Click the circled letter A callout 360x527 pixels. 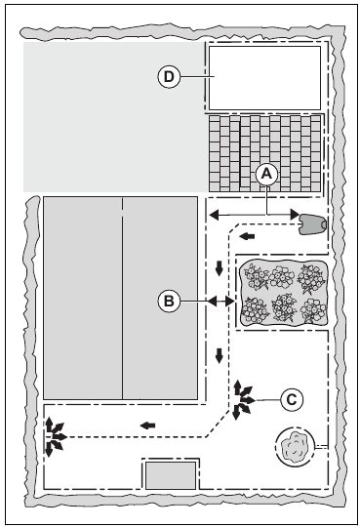pyautogui.click(x=266, y=174)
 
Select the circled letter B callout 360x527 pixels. pyautogui.click(x=169, y=302)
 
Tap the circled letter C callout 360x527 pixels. pyautogui.click(x=292, y=400)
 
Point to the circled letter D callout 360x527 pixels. pyautogui.click(x=169, y=77)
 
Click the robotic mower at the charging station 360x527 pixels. pyautogui.click(x=312, y=223)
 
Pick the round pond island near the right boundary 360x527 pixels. pyautogui.click(x=296, y=446)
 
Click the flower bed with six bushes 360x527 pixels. pyautogui.click(x=283, y=293)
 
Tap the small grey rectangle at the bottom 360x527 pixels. pyautogui.click(x=171, y=475)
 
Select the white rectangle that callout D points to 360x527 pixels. pyautogui.click(x=264, y=78)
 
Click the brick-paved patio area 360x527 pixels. pyautogui.click(x=264, y=154)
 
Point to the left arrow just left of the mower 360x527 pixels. pyautogui.click(x=247, y=236)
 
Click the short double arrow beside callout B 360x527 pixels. pyautogui.click(x=220, y=302)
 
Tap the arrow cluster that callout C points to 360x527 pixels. pyautogui.click(x=243, y=400)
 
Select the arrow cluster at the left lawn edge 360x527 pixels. pyautogui.click(x=55, y=437)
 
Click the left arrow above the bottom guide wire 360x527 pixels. pyautogui.click(x=147, y=426)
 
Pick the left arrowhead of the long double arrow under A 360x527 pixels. pyautogui.click(x=214, y=214)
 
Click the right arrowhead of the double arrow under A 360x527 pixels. pyautogui.click(x=295, y=214)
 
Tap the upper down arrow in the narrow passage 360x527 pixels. pyautogui.click(x=220, y=268)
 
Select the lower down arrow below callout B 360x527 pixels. pyautogui.click(x=220, y=355)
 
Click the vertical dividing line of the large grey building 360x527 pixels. pyautogui.click(x=122, y=298)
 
